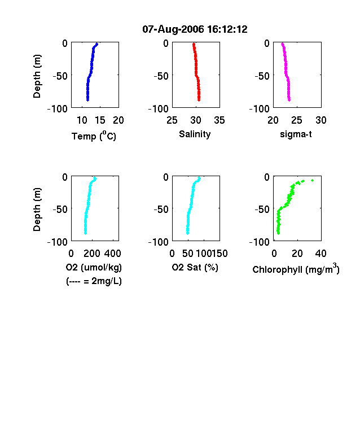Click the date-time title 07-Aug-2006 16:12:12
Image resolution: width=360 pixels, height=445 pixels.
tap(195, 29)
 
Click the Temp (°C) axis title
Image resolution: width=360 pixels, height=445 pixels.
tap(94, 136)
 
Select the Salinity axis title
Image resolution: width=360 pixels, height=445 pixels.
tap(195, 134)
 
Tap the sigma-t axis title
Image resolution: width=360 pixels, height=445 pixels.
tap(296, 134)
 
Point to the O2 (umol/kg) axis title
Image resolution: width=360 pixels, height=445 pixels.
tap(94, 267)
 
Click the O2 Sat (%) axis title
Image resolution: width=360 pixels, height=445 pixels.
tap(195, 267)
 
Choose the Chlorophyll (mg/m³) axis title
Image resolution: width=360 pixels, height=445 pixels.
tap(296, 268)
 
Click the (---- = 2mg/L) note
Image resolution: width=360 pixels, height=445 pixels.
tap(94, 281)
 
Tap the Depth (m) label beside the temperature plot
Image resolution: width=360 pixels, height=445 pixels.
tap(37, 76)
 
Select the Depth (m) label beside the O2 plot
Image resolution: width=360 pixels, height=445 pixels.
tap(37, 210)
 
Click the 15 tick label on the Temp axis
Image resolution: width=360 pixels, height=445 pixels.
tap(100, 120)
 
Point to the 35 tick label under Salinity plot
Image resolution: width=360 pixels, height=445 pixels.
tap(219, 120)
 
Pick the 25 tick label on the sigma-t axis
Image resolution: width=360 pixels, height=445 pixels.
tap(297, 120)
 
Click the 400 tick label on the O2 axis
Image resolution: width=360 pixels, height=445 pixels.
tap(113, 254)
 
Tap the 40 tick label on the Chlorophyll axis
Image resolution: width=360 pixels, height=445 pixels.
tap(321, 254)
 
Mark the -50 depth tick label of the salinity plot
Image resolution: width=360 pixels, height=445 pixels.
tap(161, 76)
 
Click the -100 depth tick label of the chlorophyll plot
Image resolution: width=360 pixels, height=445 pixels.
tap(259, 242)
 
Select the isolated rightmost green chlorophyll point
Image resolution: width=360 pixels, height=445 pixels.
tap(313, 180)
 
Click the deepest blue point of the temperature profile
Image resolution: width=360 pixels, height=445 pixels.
tap(88, 100)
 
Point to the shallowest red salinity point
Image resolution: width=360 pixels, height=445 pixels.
tap(194, 44)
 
